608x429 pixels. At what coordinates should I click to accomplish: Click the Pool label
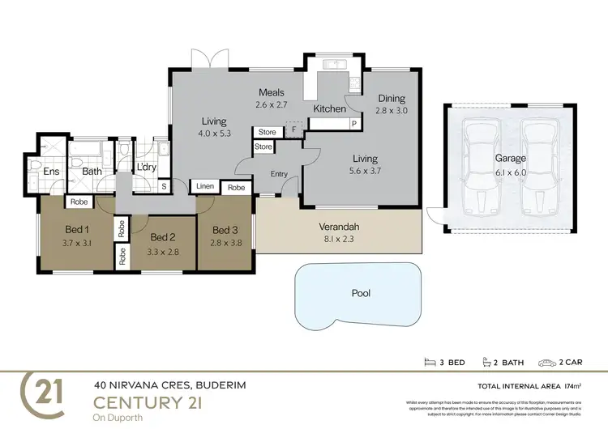pos(361,293)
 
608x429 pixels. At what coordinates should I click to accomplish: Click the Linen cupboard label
pos(205,187)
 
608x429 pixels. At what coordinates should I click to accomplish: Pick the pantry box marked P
pos(354,123)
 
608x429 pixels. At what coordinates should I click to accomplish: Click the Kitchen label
pos(330,108)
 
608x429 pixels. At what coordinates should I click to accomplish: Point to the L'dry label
pos(147,168)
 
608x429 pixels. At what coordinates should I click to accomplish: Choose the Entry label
pos(279,174)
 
